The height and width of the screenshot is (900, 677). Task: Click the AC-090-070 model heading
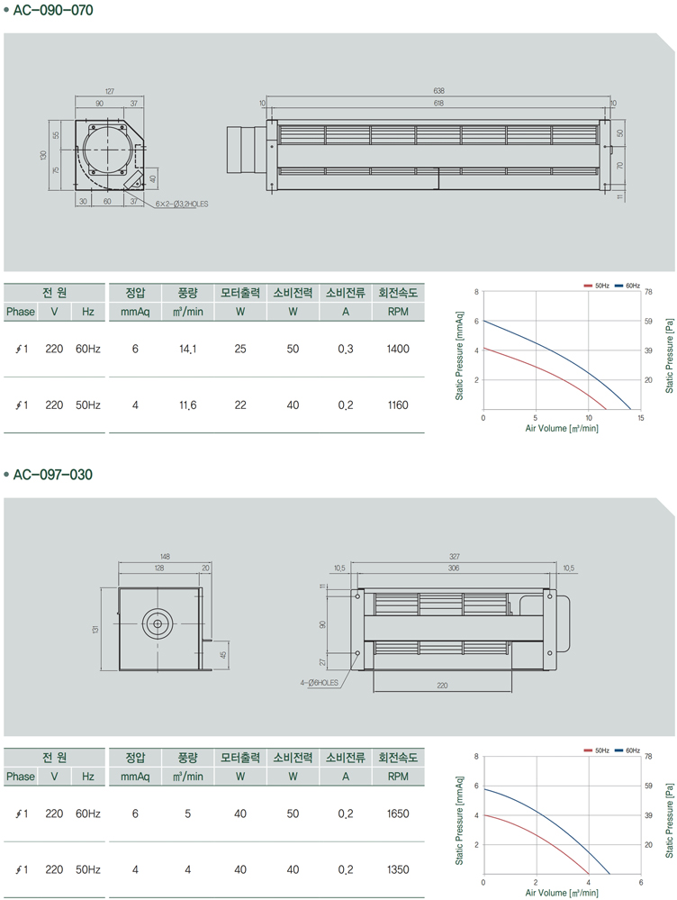(53, 10)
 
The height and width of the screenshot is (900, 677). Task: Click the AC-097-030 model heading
(53, 475)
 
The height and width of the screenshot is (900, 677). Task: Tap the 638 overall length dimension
(439, 91)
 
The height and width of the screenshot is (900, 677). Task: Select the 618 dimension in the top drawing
(439, 104)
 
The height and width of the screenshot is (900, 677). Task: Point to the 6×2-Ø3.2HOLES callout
(182, 204)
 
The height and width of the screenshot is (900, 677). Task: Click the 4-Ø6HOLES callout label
(319, 683)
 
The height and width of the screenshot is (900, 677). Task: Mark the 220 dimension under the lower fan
(442, 686)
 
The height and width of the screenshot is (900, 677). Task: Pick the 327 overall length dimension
(454, 556)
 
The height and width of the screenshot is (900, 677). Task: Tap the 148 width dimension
(165, 556)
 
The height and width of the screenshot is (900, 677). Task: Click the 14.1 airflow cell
(187, 349)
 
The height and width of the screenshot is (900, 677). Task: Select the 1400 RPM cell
(398, 349)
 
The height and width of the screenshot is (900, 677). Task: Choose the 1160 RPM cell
(398, 405)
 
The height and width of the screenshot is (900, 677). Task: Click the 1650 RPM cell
(398, 814)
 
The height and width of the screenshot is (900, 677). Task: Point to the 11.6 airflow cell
(187, 405)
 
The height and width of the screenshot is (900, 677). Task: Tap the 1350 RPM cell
(398, 870)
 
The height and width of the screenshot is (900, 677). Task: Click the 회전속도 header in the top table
(398, 293)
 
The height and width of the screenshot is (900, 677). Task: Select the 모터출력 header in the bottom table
(240, 758)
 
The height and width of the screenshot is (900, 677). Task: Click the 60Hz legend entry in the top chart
(627, 286)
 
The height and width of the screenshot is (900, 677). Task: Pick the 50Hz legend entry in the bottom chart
(596, 750)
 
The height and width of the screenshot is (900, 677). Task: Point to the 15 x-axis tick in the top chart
(641, 418)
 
